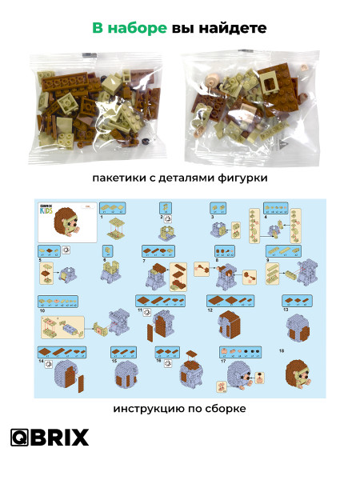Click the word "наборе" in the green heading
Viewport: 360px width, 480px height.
(138, 28)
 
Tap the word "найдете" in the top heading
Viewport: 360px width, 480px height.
(233, 28)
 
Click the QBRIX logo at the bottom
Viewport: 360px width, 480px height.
(50, 438)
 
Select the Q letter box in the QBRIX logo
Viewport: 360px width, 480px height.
(20, 438)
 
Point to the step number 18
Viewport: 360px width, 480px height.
(281, 350)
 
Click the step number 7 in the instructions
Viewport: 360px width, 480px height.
(144, 261)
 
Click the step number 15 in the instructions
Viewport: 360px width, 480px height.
(114, 362)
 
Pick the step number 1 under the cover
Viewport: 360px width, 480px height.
(102, 217)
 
